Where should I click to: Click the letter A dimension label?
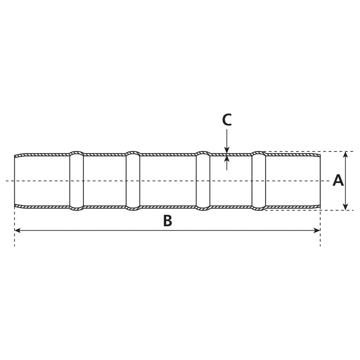pyautogui.click(x=338, y=181)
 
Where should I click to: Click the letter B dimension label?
pyautogui.click(x=167, y=221)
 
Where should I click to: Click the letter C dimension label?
pyautogui.click(x=227, y=120)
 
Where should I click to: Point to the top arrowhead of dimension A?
pyautogui.click(x=345, y=154)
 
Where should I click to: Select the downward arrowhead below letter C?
pyautogui.click(x=227, y=150)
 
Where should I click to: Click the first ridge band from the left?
pyautogui.click(x=77, y=181)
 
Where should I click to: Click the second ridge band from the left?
pyautogui.click(x=133, y=181)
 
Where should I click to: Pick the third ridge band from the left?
pyautogui.click(x=203, y=181)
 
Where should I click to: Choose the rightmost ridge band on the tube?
pyautogui.click(x=259, y=181)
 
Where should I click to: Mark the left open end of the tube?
pyautogui.click(x=15, y=181)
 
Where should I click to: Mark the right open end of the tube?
pyautogui.click(x=320, y=181)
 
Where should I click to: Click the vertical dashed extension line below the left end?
pyautogui.click(x=15, y=228)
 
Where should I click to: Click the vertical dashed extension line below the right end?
pyautogui.click(x=320, y=228)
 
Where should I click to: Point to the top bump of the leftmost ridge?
pyautogui.click(x=77, y=152)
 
